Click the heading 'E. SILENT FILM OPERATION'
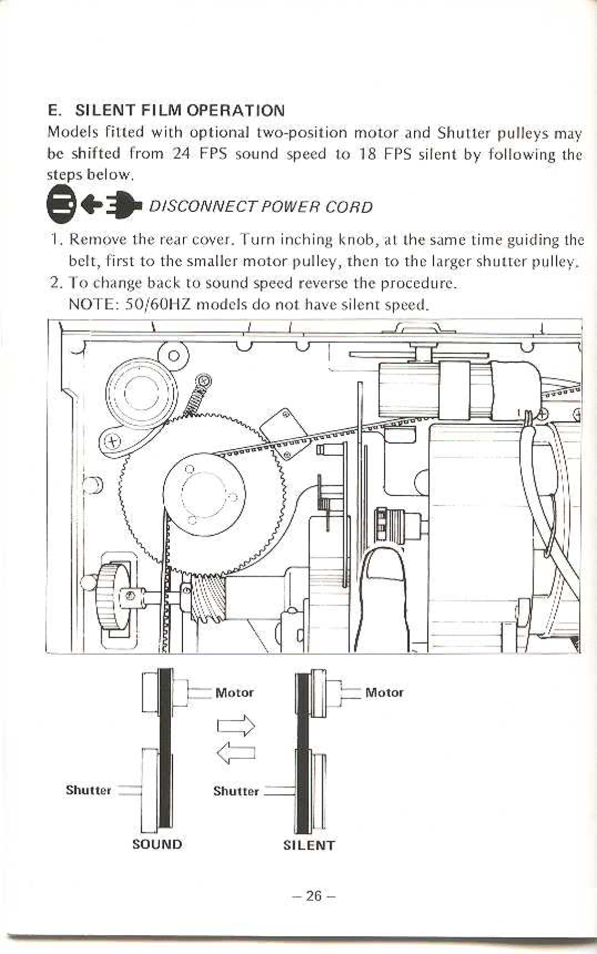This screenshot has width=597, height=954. (x=166, y=110)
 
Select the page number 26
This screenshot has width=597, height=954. (x=313, y=895)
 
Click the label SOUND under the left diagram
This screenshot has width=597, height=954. (x=157, y=844)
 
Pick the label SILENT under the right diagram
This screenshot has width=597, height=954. (x=308, y=846)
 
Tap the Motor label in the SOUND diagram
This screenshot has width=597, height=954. (x=234, y=693)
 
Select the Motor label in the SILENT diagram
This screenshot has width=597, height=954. (x=384, y=692)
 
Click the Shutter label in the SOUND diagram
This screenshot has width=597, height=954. (x=88, y=790)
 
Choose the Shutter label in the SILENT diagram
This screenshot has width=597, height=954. (x=236, y=791)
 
